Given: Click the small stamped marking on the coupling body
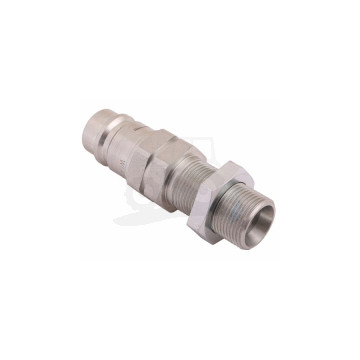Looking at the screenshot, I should click(160, 150).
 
